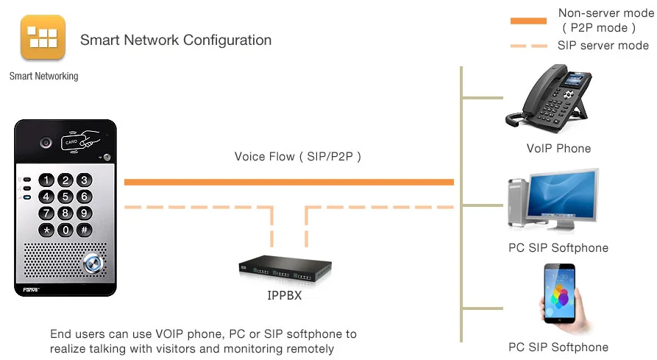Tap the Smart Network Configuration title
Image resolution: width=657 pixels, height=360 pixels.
(x=176, y=40)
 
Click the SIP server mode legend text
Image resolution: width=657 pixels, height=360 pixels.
(x=603, y=46)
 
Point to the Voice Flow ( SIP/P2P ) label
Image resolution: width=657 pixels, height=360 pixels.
(x=298, y=156)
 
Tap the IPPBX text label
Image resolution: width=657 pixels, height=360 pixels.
(x=284, y=297)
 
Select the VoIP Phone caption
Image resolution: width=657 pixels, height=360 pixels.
(x=558, y=149)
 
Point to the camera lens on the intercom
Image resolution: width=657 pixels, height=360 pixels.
(x=46, y=142)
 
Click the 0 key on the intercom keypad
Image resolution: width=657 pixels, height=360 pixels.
(x=65, y=230)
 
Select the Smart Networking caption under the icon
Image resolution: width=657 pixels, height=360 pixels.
(x=43, y=76)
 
